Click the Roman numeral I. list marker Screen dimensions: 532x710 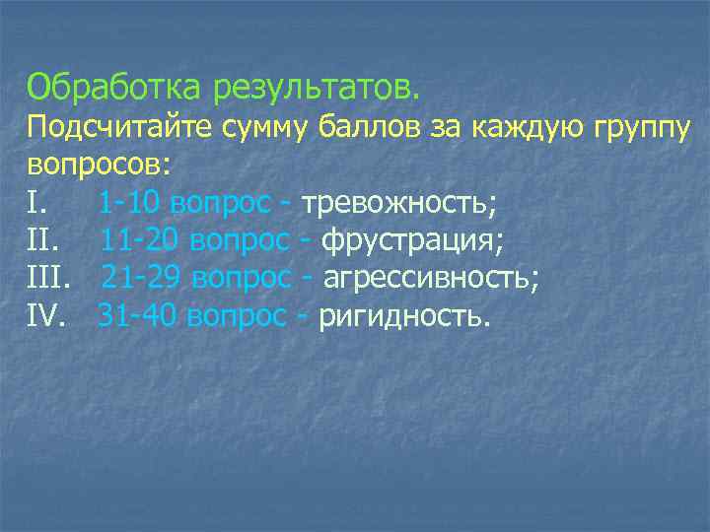click(x=35, y=203)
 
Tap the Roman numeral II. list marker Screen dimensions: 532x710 click(x=43, y=241)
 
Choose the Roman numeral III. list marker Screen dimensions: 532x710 click(x=48, y=279)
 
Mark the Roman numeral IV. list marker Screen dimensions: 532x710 click(x=45, y=317)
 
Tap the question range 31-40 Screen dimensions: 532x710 click(x=138, y=317)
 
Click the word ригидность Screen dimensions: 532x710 click(x=403, y=318)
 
